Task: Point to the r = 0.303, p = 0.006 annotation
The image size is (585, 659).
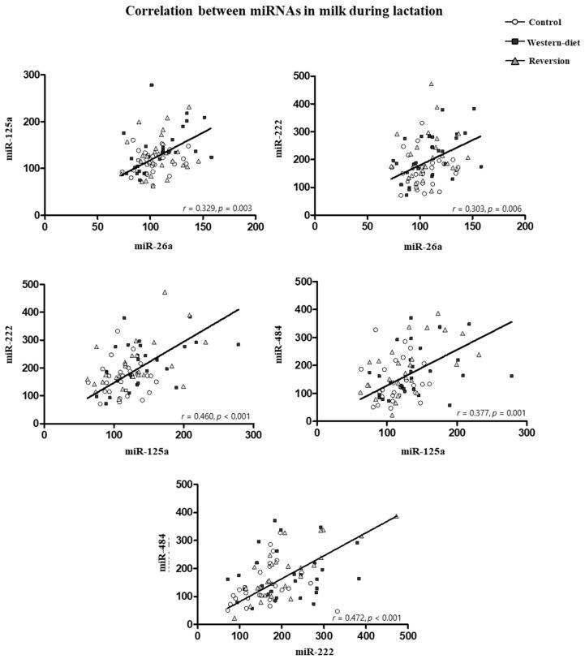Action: pyautogui.click(x=489, y=208)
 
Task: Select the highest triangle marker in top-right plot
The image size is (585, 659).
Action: pyautogui.click(x=431, y=84)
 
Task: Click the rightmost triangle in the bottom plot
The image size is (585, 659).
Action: pyautogui.click(x=396, y=516)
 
